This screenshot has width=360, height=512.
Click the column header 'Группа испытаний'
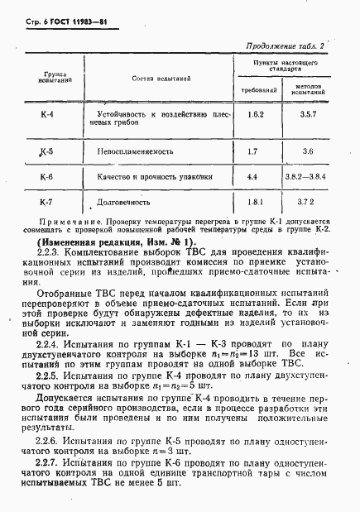coord(56,78)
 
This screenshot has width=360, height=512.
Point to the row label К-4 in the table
coord(47,115)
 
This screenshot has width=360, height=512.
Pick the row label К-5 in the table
coord(46,151)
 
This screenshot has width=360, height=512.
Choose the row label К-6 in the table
coord(46,177)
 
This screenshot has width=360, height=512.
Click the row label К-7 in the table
coord(46,201)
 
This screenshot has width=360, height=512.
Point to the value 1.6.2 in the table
coord(255,115)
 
